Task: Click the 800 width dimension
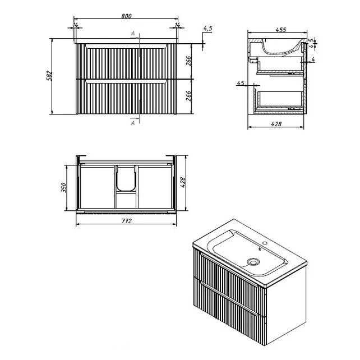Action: (x=126, y=16)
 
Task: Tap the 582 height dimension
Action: (x=49, y=76)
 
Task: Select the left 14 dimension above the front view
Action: (x=76, y=25)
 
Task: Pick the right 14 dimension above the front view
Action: (x=177, y=25)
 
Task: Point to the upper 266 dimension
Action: (x=188, y=61)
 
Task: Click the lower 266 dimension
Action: (x=188, y=96)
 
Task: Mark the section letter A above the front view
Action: (x=133, y=34)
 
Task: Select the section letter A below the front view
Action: (x=133, y=123)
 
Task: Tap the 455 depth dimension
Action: (x=281, y=30)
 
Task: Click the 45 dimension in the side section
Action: (x=241, y=82)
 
